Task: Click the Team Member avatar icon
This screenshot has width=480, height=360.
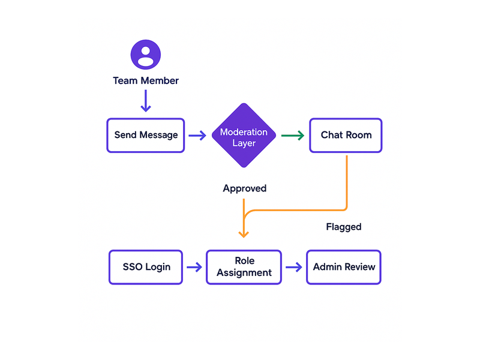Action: coord(146,55)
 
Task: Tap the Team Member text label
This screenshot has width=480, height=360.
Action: coord(146,80)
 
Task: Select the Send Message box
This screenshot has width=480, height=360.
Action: coord(146,135)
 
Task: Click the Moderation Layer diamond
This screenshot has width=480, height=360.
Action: coord(244,136)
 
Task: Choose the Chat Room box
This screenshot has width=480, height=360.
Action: coord(346,135)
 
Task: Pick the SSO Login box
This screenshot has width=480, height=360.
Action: coord(146,267)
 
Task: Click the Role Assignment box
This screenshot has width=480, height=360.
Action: coord(244,267)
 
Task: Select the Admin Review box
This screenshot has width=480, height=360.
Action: coord(344,267)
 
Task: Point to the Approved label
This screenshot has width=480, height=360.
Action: coord(244,188)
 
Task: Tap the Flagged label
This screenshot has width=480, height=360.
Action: coord(343,227)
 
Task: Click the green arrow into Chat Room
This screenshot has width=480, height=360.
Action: coord(293,136)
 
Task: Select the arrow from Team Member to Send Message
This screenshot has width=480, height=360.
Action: coord(146,100)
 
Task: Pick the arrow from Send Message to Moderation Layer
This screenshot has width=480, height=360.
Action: coord(197,136)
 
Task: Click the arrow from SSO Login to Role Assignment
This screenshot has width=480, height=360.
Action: coord(194,267)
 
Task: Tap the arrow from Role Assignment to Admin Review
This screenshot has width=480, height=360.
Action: coord(293,267)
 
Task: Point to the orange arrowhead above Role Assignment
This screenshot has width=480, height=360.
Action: coord(244,233)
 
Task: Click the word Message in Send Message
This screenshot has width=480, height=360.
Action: coord(158,135)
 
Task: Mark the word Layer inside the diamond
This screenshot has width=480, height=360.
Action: coord(244,143)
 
